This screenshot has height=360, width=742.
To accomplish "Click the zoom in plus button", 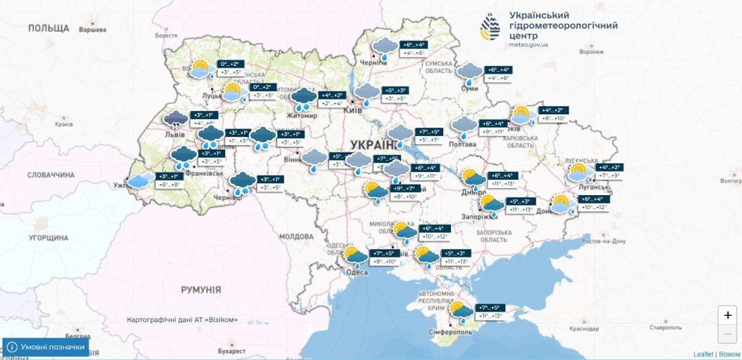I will click(x=728, y=316).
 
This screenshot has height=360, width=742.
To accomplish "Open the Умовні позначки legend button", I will click(x=46, y=347).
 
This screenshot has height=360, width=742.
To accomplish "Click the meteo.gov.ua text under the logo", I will click(x=529, y=44).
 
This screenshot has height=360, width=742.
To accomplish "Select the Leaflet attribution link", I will click(x=703, y=354).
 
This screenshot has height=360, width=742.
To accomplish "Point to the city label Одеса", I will click(x=358, y=273).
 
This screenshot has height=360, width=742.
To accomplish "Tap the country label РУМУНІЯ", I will click(x=201, y=290).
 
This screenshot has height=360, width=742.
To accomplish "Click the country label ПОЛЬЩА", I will click(x=48, y=28).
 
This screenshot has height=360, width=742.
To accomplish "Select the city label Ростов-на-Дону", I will click(x=599, y=241).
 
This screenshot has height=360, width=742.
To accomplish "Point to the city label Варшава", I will click(x=93, y=30).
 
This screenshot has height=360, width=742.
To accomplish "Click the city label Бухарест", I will click(x=233, y=350).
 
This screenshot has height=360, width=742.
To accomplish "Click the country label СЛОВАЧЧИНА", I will click(x=50, y=174).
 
